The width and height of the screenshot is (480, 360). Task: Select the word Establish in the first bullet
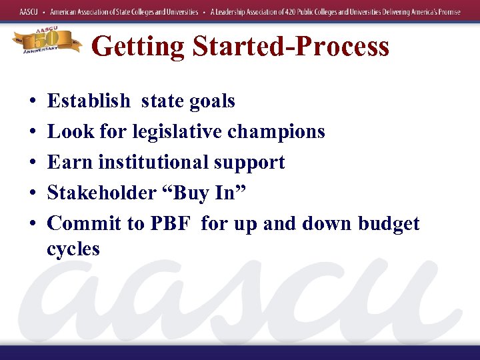89,101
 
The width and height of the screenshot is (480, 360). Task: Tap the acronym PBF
170,224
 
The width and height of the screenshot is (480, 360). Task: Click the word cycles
73,249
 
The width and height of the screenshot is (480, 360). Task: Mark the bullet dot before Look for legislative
32,133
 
